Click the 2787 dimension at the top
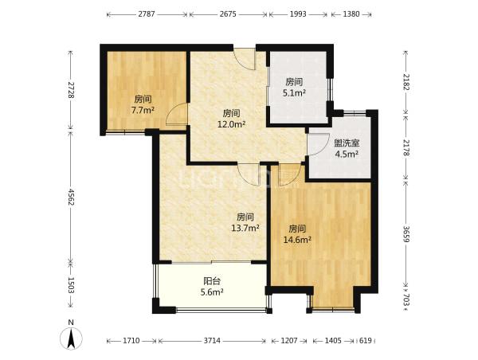147,14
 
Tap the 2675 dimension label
228,14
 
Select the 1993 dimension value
298,14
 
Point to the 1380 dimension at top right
351,14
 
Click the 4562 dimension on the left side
71,197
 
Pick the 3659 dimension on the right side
406,234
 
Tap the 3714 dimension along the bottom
212,341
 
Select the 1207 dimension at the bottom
289,341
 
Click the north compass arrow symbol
71,338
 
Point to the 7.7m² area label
143,110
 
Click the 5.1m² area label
294,92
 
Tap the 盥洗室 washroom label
347,143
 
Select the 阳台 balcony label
212,280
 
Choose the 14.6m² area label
297,240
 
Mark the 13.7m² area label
245,228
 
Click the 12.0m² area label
231,124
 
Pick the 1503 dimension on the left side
71,285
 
